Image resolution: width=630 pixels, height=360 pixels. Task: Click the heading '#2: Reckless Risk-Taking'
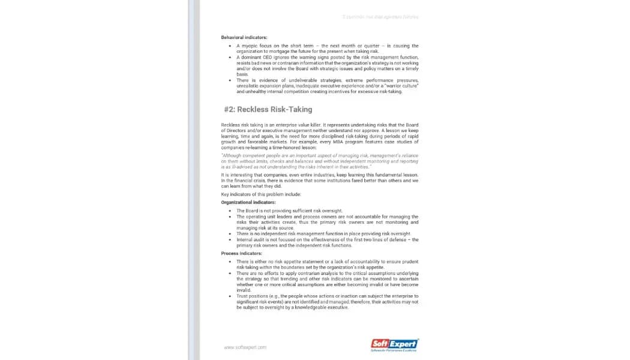(268, 109)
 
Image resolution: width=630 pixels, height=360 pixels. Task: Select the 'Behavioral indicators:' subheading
(244, 37)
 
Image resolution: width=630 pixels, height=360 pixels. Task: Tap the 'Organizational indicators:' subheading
(248, 202)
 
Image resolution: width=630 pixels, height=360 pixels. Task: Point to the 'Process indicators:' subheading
(241, 253)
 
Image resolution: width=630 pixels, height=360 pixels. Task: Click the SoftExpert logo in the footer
(395, 344)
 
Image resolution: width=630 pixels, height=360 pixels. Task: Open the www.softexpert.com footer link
(245, 347)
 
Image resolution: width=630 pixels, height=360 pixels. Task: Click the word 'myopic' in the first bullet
(249, 46)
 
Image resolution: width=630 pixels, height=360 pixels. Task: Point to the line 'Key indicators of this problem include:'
(260, 194)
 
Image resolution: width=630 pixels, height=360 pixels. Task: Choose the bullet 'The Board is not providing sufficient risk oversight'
(289, 211)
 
